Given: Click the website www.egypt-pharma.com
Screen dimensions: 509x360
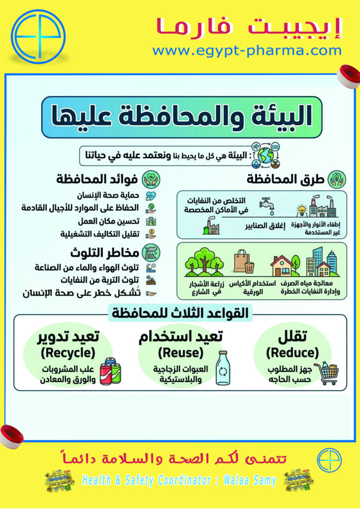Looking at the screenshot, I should [x=247, y=50].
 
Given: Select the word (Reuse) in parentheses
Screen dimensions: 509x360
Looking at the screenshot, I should [x=180, y=353].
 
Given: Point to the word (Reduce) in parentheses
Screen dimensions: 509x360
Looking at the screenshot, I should [x=292, y=353].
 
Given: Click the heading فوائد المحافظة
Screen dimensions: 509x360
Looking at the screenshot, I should [x=97, y=179].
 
